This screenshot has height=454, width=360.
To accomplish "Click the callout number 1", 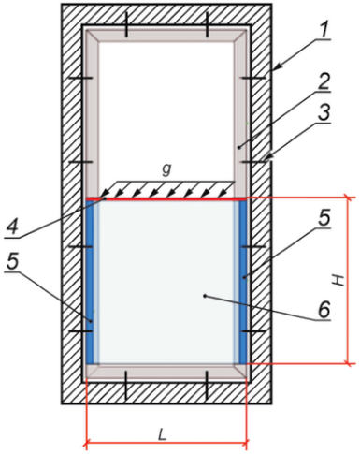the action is pos(324,30).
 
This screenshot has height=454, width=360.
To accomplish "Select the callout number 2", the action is pos(324,81).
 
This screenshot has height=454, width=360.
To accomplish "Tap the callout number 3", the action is pos(324,113).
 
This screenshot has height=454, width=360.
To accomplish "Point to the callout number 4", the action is pos(12,227).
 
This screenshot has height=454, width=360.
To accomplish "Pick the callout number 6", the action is pos(324,310).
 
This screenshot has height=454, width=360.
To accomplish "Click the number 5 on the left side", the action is pos(13,262).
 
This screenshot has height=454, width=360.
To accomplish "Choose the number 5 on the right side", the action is pos(324,218).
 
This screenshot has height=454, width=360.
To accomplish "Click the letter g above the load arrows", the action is pos(167,169).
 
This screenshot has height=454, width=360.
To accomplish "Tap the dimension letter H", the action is pos(338,280).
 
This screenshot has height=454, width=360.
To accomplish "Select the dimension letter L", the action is pos(162,434).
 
